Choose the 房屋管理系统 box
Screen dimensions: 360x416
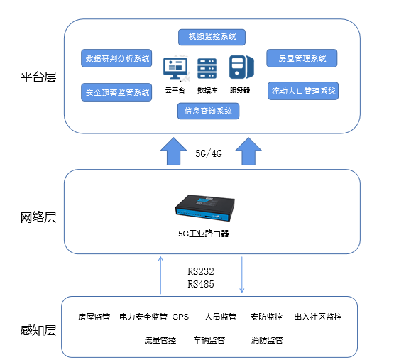[302, 58]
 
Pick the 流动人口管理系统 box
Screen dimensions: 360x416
[303, 91]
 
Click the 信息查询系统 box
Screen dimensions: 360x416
[207, 111]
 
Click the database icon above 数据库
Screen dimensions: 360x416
[207, 69]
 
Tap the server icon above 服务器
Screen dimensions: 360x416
[239, 67]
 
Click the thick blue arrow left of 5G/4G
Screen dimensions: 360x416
[172, 151]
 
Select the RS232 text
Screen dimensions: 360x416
[201, 271]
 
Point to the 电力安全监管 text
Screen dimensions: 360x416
[143, 317]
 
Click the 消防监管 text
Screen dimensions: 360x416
[267, 340]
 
